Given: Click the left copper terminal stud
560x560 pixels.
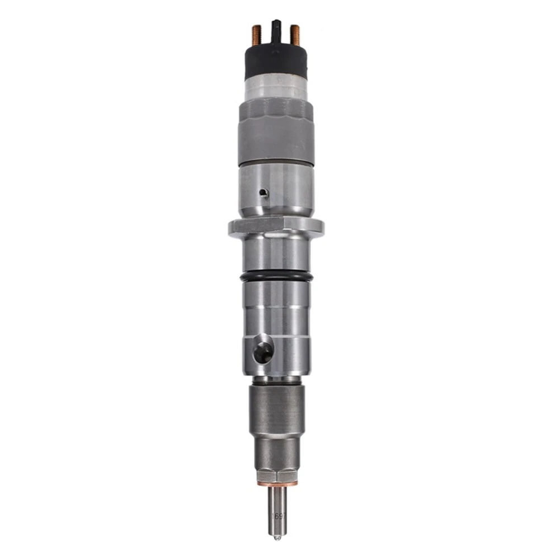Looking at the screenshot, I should click(x=257, y=35).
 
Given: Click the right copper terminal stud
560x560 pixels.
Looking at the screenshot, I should click(x=295, y=35).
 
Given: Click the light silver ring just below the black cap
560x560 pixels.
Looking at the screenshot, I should click(x=276, y=87).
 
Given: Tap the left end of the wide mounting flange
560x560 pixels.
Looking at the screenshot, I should click(x=233, y=227).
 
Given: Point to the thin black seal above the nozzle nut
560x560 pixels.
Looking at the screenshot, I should click(x=276, y=380).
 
